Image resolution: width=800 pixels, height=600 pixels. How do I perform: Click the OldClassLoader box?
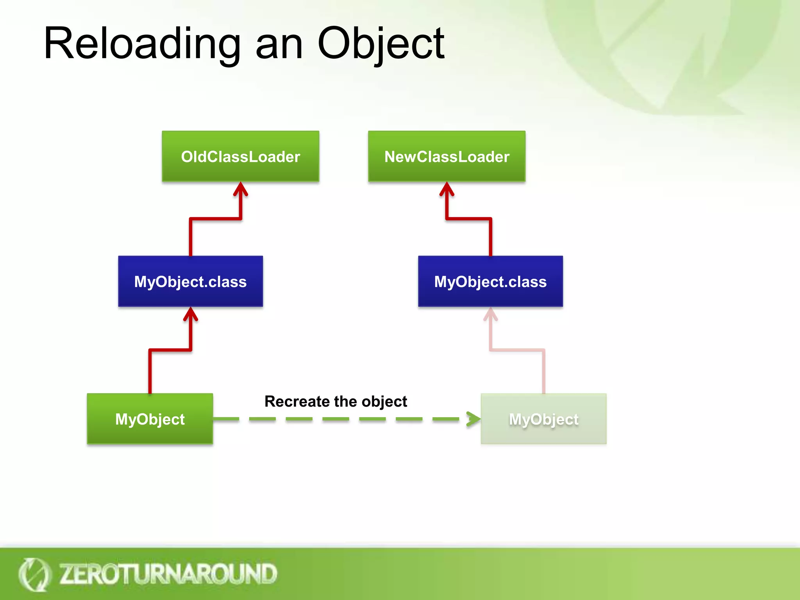point(240,156)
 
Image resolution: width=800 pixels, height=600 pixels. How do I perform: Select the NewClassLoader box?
point(446,156)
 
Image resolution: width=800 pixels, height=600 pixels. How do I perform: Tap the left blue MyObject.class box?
point(190,281)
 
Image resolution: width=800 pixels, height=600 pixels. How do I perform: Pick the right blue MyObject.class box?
point(490,281)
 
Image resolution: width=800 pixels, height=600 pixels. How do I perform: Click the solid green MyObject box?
point(150,419)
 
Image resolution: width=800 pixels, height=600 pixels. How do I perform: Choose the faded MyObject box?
point(543,419)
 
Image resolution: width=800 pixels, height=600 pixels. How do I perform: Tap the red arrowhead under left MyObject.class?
point(191,314)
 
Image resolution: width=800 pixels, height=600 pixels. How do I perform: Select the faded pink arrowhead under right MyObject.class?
point(491,314)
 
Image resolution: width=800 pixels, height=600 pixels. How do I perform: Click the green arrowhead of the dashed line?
point(473,419)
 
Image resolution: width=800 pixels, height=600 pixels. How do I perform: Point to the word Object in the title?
point(381,44)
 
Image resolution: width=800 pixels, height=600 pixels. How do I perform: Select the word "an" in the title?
point(279,46)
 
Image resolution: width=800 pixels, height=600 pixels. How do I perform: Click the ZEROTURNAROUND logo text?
point(168,574)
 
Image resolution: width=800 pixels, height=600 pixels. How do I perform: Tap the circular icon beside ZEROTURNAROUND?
point(34,574)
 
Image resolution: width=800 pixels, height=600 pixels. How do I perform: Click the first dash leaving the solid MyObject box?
point(227,419)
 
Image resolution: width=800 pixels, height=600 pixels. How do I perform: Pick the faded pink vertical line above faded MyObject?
point(544,371)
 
